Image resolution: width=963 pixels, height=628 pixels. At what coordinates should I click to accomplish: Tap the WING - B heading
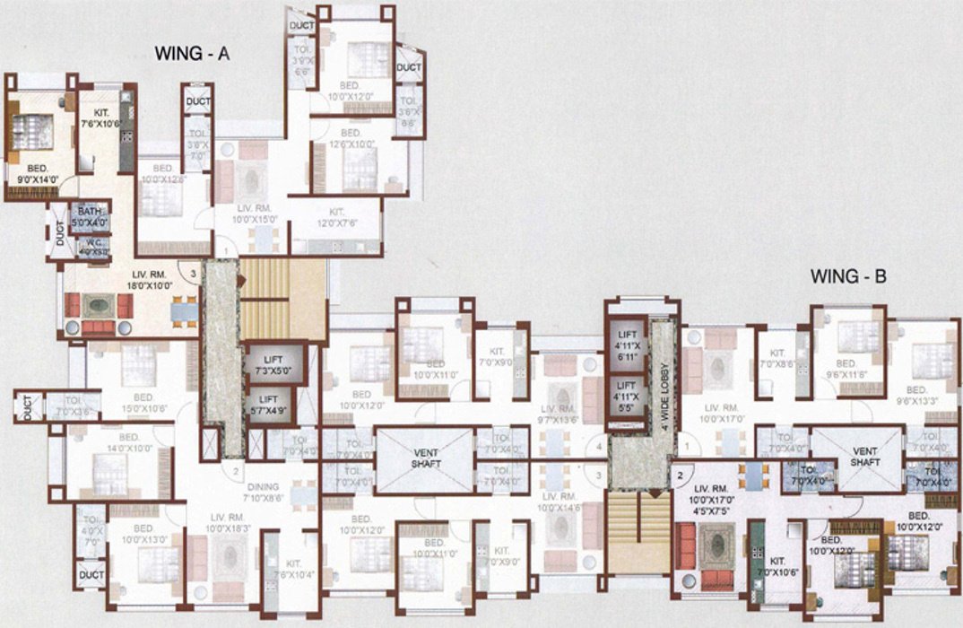pyautogui.click(x=848, y=276)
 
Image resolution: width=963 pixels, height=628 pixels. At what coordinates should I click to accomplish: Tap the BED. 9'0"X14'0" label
pyautogui.click(x=37, y=172)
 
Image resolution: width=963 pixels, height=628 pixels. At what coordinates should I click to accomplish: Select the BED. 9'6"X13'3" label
pyautogui.click(x=915, y=396)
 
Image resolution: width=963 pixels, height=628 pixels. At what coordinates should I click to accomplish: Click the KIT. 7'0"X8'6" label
pyautogui.click(x=777, y=360)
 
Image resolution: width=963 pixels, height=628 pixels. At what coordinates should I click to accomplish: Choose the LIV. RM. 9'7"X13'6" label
pyautogui.click(x=562, y=414)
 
